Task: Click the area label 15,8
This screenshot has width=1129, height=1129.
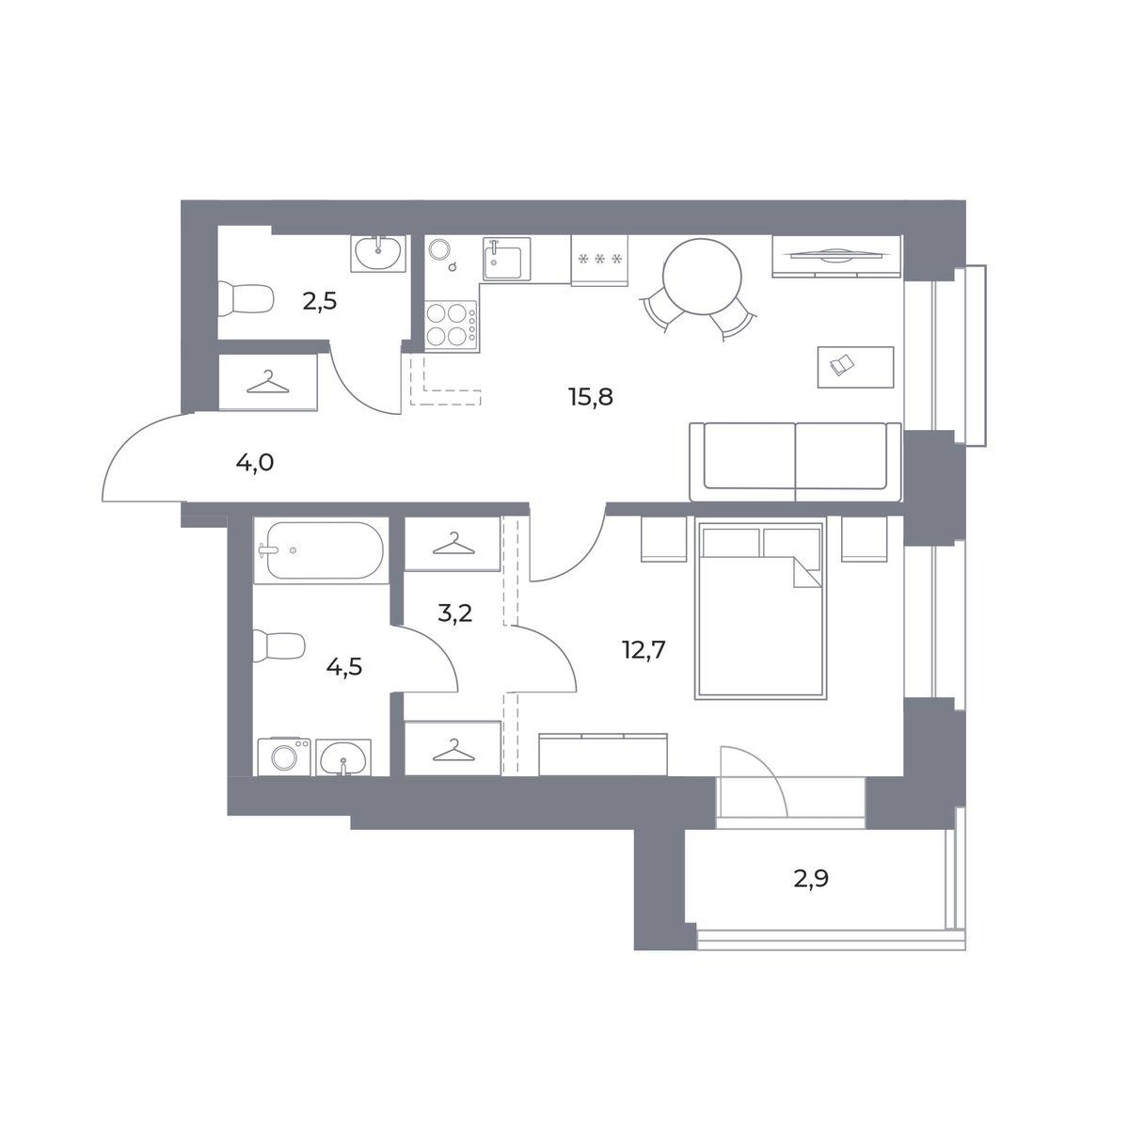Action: point(591,397)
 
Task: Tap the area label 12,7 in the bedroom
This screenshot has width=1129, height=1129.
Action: point(644,650)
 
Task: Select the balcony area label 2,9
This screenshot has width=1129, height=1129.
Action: point(811,896)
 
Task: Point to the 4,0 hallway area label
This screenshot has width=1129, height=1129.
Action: point(255,464)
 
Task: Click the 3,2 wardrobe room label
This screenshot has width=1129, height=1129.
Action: point(454,613)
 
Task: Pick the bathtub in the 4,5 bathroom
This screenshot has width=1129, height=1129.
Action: point(322,550)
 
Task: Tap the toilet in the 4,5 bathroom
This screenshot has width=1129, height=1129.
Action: point(278,646)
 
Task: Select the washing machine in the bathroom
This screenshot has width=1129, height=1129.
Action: point(284,757)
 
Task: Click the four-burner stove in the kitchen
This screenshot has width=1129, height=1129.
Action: point(451,326)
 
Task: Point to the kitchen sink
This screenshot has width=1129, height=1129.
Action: point(507,259)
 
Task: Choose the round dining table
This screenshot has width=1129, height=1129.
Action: point(702,277)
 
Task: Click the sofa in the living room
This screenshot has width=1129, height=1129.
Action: point(795,462)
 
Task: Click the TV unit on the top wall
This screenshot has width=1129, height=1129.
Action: point(836,256)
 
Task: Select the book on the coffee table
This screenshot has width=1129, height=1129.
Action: point(842,365)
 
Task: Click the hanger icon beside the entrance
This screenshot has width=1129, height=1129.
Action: point(268,383)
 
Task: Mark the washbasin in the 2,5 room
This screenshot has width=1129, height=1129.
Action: point(378,253)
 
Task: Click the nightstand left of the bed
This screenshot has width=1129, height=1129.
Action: point(663,539)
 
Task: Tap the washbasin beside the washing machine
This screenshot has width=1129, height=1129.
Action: point(343,757)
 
